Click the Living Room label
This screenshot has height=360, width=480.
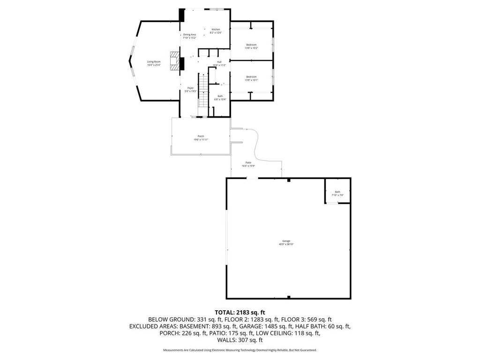[x=154, y=62]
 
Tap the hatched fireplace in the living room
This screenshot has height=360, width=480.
[x=175, y=60]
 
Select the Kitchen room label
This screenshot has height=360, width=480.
[x=216, y=29]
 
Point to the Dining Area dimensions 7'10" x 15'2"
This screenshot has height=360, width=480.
[x=189, y=37]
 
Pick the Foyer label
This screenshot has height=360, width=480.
[x=190, y=88]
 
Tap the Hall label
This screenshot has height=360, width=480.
[x=219, y=62]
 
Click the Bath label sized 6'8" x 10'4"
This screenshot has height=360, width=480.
[x=220, y=96]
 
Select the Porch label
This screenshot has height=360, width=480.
[x=201, y=136]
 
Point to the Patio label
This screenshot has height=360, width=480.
[x=248, y=163]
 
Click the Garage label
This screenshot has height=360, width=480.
[x=286, y=241]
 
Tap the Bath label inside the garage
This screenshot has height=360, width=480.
[x=337, y=192]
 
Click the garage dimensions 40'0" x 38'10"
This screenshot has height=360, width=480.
[x=286, y=244]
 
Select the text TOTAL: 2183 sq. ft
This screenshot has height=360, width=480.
[x=240, y=312]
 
